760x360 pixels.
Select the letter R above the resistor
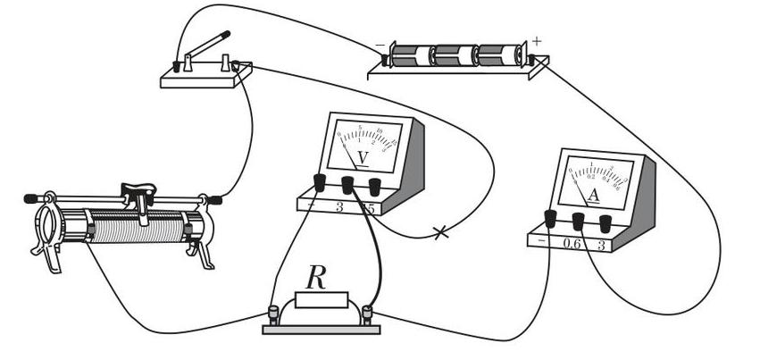point(316,278)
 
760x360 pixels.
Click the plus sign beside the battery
point(537,40)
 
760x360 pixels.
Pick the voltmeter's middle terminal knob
point(347,185)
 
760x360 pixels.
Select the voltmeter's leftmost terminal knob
point(319,183)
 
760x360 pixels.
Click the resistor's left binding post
point(273,313)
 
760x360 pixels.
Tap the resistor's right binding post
point(367,313)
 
